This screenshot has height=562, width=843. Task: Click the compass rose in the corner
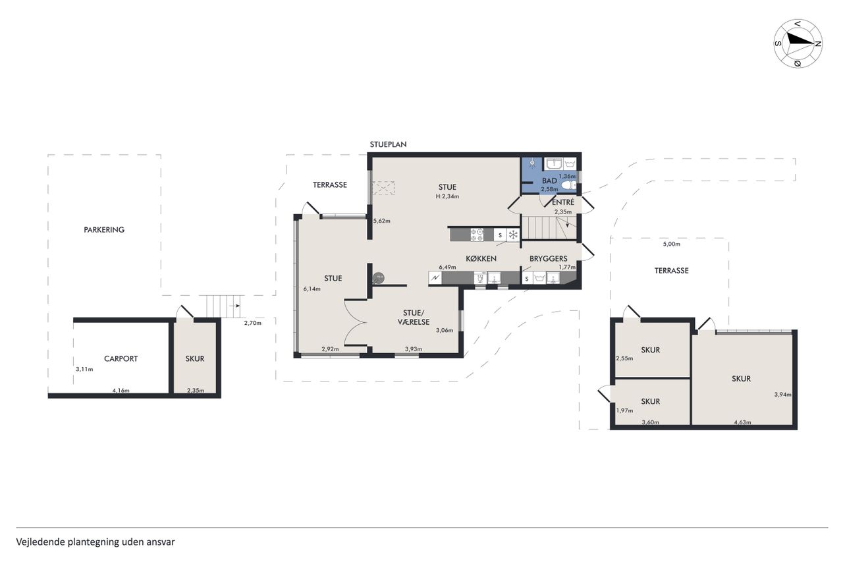[798, 43]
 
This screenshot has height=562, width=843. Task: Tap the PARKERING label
[104, 230]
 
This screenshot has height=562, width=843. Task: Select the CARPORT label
[121, 358]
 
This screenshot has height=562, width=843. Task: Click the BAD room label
[549, 181]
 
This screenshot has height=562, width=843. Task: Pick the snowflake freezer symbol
[513, 235]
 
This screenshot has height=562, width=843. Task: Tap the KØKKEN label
[481, 259]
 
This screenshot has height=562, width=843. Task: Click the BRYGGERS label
[549, 259]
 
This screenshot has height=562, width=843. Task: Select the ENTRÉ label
[563, 202]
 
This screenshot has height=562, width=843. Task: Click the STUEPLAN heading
[388, 144]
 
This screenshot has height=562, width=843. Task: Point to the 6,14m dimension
[312, 289]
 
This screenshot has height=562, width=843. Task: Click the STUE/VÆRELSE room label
[413, 318]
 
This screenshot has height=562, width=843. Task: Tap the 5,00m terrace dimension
[671, 244]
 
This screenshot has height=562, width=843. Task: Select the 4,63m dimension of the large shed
[742, 422]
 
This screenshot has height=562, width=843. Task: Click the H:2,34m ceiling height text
[447, 196]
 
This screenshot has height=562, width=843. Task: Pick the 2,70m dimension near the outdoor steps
[252, 323]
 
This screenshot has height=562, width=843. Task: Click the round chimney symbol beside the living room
[378, 278]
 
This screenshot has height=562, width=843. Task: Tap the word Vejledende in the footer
[40, 542]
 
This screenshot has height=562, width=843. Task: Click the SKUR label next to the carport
[194, 358]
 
